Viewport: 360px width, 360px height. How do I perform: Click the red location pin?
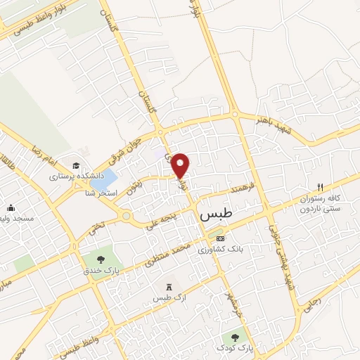pyautogui.click(x=181, y=165)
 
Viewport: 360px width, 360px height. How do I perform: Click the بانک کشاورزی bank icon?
pyautogui.click(x=220, y=238)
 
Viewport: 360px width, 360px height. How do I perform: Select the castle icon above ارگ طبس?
pyautogui.click(x=168, y=286)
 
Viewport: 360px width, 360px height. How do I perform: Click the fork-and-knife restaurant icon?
pyautogui.click(x=321, y=187)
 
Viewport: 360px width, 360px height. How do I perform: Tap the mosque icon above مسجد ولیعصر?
pyautogui.click(x=11, y=207)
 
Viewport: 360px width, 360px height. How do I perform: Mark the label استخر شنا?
pyautogui.click(x=101, y=193)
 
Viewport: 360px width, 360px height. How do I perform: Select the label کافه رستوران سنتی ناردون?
pyautogui.click(x=321, y=204)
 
